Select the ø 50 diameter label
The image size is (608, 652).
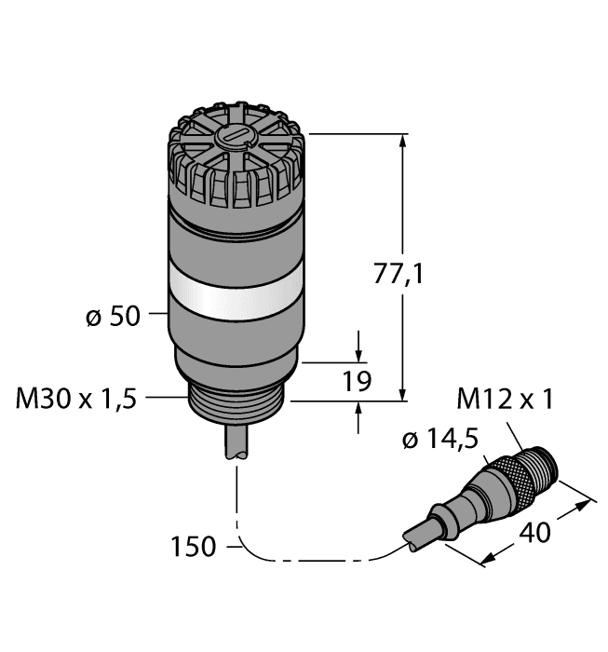click(x=112, y=318)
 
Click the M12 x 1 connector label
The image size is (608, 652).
click(x=506, y=400)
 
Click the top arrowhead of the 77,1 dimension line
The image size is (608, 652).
click(x=403, y=141)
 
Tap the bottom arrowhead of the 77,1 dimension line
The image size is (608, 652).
click(x=403, y=395)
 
